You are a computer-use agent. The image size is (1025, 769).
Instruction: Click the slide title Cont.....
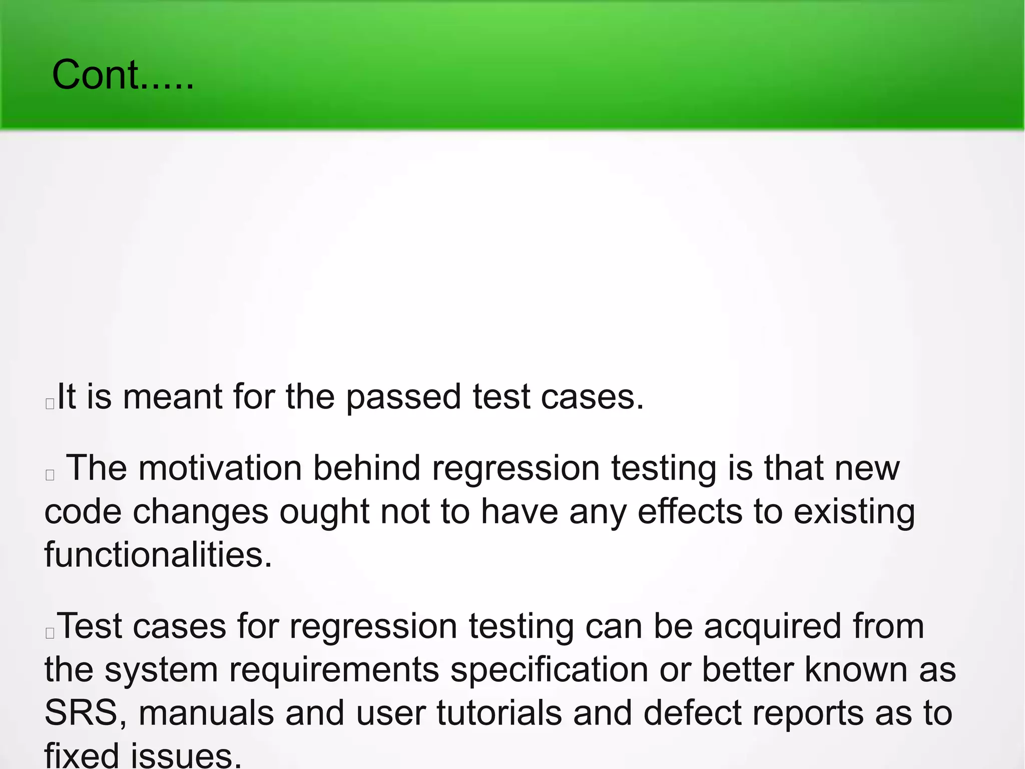tap(122, 75)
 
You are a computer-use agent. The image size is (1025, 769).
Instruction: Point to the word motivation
tap(220, 469)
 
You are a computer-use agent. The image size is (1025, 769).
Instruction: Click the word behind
tap(366, 469)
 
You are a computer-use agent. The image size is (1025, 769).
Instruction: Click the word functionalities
tap(158, 555)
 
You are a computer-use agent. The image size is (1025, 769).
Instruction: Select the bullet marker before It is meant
tap(50, 404)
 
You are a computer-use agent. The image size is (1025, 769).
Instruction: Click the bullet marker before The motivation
tap(50, 475)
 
